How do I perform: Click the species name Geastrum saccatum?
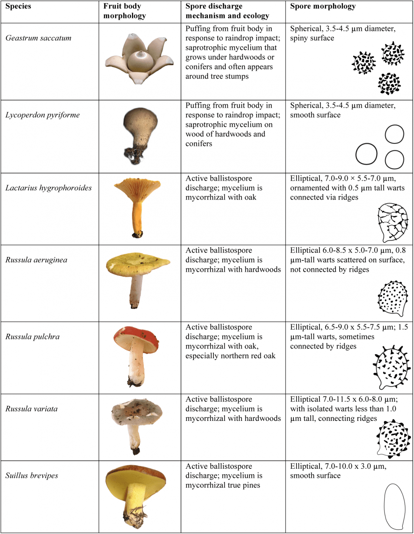click(x=38, y=38)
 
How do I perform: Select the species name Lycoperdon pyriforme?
click(x=43, y=115)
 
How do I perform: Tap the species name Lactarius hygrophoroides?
click(x=49, y=188)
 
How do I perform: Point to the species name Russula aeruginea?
click(x=36, y=260)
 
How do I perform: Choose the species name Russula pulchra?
click(x=32, y=337)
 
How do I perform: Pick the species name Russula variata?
click(x=32, y=409)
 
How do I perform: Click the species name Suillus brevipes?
click(x=32, y=475)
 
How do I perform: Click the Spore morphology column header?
click(x=323, y=6)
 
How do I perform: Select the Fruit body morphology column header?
click(x=125, y=11)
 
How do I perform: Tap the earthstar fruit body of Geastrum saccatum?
click(x=139, y=59)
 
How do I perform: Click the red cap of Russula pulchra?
click(x=136, y=339)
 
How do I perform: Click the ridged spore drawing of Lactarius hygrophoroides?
click(x=393, y=222)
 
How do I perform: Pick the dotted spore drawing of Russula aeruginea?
click(x=393, y=299)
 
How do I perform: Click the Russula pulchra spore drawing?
click(x=392, y=367)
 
